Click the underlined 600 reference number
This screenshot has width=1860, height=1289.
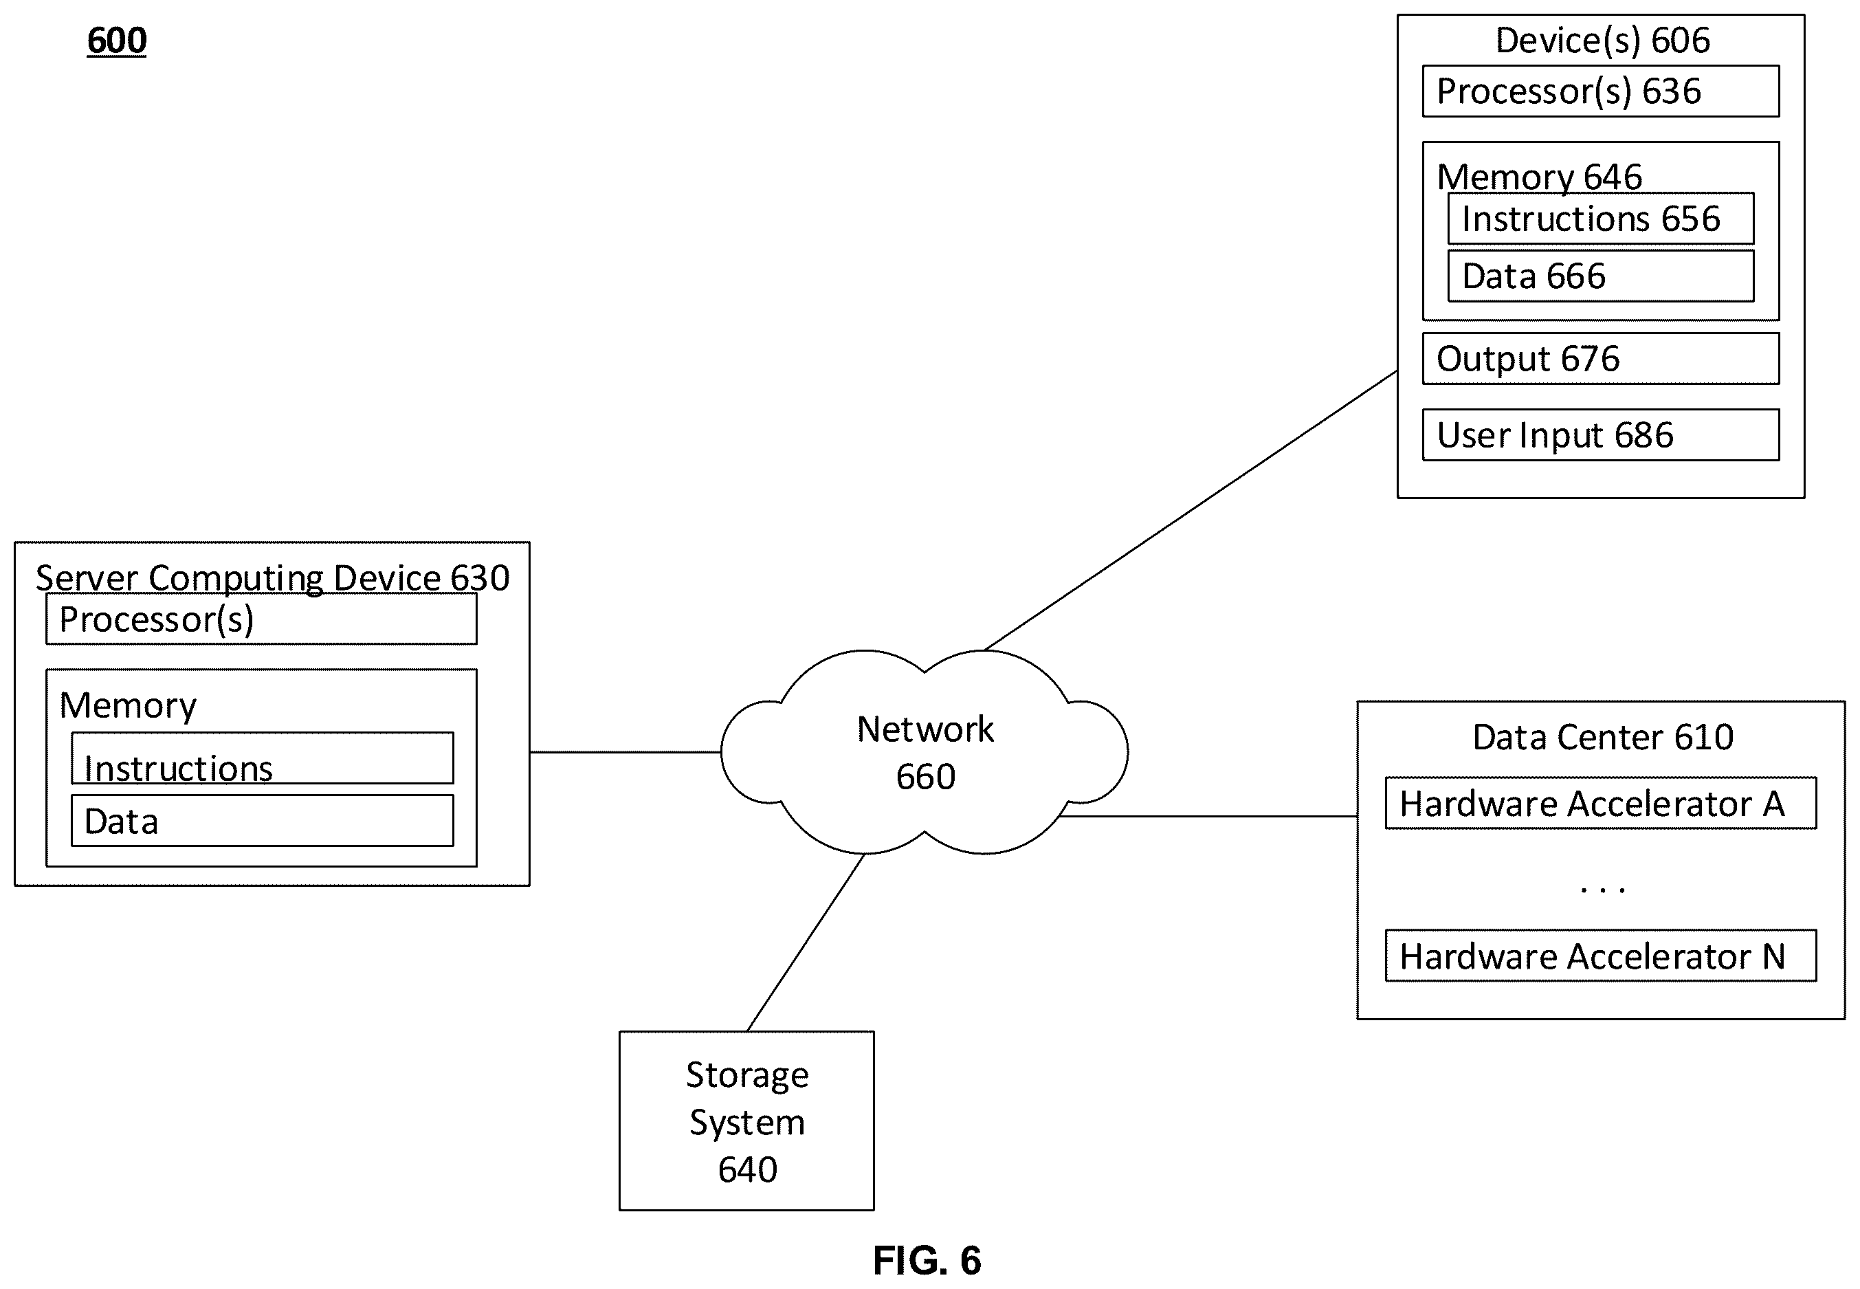click(x=117, y=41)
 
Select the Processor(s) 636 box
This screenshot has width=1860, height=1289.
click(x=1600, y=91)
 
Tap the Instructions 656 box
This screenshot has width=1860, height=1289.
click(x=1600, y=218)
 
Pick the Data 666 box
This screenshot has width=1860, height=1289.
click(x=1600, y=276)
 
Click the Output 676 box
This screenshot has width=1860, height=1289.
click(x=1600, y=359)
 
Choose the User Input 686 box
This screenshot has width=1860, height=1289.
click(x=1600, y=435)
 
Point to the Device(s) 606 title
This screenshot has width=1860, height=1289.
click(x=1602, y=41)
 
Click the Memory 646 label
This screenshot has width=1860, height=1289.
click(x=1539, y=176)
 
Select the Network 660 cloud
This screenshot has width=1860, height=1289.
click(x=925, y=752)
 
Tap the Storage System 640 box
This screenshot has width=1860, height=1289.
click(x=746, y=1121)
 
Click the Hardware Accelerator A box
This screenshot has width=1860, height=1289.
click(x=1601, y=804)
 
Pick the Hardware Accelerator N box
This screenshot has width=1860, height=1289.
click(x=1601, y=956)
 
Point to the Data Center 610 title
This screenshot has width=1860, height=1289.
click(x=1602, y=736)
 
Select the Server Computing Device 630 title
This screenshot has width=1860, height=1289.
click(x=273, y=578)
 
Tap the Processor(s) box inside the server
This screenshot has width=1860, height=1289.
click(x=262, y=619)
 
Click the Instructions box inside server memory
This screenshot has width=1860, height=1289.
click(x=263, y=758)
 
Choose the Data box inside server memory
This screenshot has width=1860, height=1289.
click(x=263, y=821)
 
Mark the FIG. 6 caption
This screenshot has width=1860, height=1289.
click(x=927, y=1260)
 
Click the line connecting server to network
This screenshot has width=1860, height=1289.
click(x=625, y=752)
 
